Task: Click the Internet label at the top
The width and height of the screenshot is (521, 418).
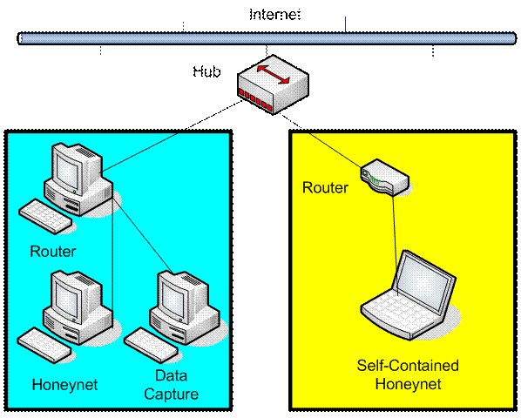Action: [274, 15]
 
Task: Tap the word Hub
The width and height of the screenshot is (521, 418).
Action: [206, 71]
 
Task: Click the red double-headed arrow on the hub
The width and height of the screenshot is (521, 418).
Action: [273, 74]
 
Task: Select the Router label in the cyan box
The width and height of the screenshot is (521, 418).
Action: [53, 252]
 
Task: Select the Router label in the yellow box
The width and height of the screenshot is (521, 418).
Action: [325, 187]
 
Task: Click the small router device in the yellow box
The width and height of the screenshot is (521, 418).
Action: [385, 176]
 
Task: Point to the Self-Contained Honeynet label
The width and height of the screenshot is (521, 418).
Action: [408, 374]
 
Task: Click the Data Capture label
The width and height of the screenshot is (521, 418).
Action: [171, 385]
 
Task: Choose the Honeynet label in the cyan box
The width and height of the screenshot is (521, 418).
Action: [64, 385]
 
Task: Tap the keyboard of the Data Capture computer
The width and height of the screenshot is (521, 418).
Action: [151, 345]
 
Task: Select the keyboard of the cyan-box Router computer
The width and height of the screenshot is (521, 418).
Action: [45, 217]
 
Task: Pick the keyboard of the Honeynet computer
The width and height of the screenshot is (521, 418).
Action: [44, 346]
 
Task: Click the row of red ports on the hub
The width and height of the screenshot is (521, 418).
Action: [255, 99]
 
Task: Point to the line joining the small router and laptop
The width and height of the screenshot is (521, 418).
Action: [395, 246]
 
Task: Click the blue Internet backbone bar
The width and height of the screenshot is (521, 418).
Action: [267, 38]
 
